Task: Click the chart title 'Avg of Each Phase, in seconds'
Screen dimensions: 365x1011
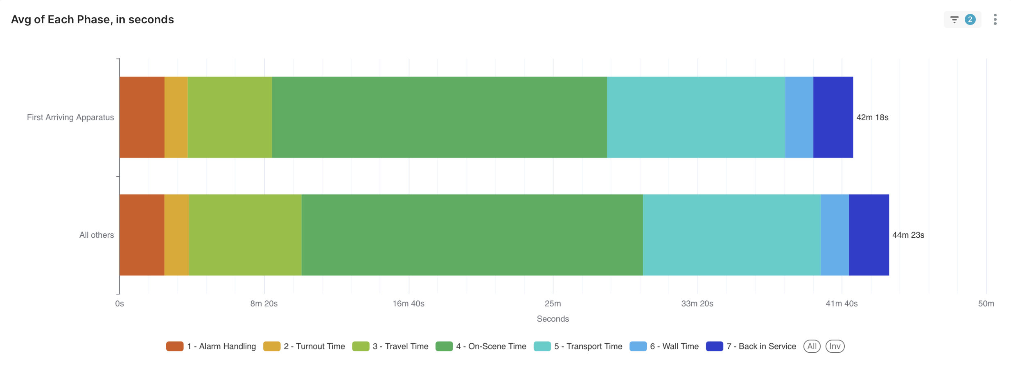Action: (x=93, y=20)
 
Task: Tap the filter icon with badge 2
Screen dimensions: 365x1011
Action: (x=962, y=20)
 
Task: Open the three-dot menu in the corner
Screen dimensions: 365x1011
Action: (x=995, y=20)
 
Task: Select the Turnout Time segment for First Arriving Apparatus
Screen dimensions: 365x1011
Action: (x=176, y=117)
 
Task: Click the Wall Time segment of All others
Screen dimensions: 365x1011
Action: (x=835, y=235)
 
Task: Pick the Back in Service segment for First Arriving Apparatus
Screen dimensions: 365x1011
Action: (x=833, y=117)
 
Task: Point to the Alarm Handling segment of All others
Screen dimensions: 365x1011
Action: (x=142, y=235)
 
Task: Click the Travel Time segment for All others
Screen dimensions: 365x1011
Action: (x=245, y=235)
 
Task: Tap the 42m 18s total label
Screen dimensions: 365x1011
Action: (x=872, y=117)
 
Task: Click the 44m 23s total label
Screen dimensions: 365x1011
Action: (x=908, y=235)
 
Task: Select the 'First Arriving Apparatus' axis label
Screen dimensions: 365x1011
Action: (x=70, y=117)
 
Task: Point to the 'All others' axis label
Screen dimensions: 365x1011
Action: (x=97, y=235)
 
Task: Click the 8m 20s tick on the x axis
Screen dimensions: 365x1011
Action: (x=264, y=304)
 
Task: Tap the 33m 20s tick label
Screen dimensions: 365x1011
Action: (x=697, y=304)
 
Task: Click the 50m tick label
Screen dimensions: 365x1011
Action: (x=986, y=304)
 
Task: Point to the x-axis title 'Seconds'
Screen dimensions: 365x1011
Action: (x=553, y=319)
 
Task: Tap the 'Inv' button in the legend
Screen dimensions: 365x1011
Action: (x=835, y=346)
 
